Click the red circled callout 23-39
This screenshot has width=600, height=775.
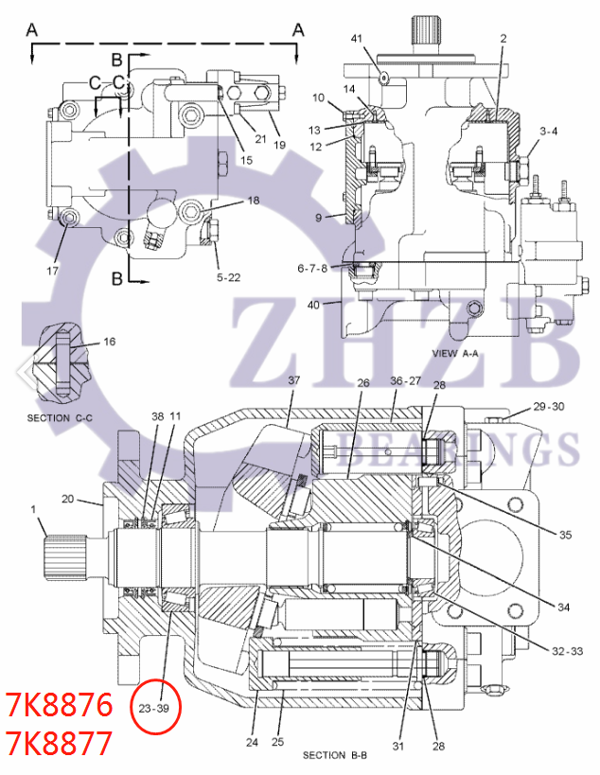pos(157,708)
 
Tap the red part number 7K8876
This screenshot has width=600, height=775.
pos(59,705)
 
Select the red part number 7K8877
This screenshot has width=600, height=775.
pos(59,744)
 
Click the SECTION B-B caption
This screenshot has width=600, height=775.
pos(335,755)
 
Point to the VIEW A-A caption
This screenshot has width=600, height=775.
pos(455,353)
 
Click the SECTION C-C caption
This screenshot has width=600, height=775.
pos(60,417)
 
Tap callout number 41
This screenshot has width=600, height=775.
pos(357,38)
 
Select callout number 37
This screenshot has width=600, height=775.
pos(294,379)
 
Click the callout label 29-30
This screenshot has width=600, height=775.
pos(549,406)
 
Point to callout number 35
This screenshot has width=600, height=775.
pos(565,535)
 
